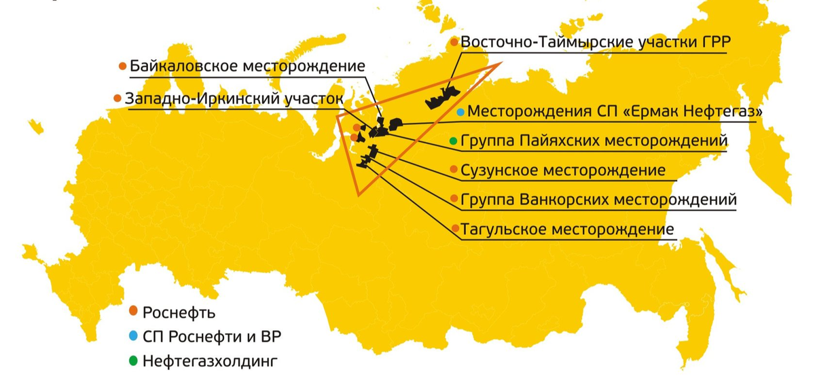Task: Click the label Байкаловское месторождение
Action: (x=247, y=67)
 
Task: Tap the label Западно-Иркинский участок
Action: (x=234, y=99)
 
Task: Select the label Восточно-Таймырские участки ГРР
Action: (x=595, y=43)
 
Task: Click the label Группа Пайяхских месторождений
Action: (x=594, y=141)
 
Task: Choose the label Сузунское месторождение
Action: (x=563, y=170)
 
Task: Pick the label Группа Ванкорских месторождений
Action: (x=598, y=200)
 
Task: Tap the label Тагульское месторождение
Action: (x=567, y=229)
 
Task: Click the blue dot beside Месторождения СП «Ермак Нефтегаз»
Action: (x=461, y=111)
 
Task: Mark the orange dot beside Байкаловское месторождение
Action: (x=122, y=67)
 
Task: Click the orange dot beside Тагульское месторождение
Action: (x=454, y=229)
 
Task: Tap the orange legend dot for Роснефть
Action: (x=133, y=311)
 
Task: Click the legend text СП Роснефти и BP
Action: (x=213, y=336)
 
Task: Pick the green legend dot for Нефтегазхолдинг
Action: (x=133, y=360)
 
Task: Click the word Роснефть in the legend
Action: (x=179, y=312)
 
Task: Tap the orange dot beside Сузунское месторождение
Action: (x=454, y=170)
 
